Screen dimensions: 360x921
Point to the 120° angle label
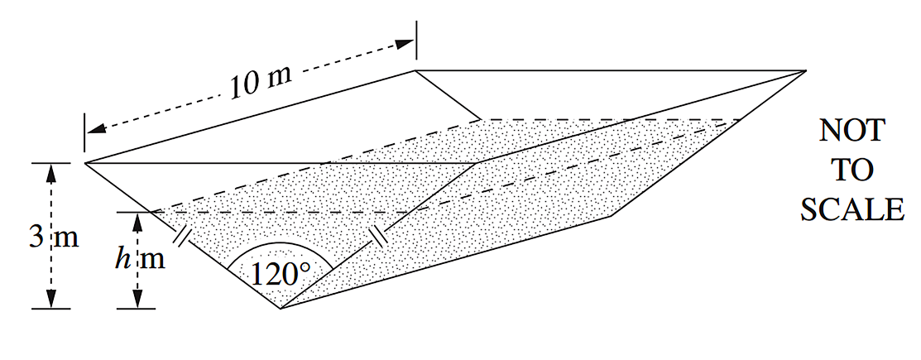[281, 274]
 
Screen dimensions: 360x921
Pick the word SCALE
[851, 209]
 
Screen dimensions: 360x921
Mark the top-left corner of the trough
[85, 162]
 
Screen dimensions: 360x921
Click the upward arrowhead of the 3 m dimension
[52, 170]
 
